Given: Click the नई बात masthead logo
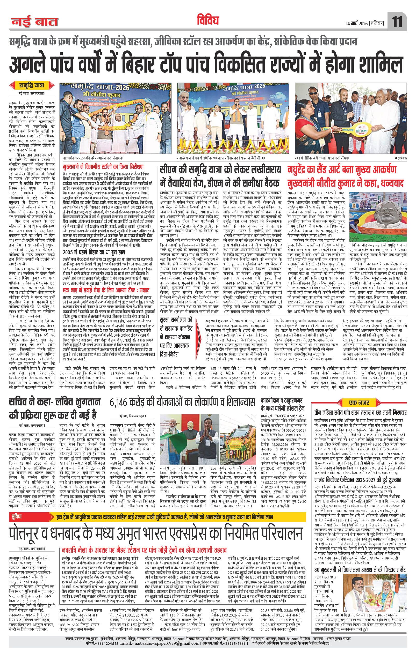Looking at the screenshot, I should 34,22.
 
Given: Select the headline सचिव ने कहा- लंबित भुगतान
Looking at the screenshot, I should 54,402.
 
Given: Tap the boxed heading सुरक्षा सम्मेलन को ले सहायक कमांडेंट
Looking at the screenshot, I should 181,333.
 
